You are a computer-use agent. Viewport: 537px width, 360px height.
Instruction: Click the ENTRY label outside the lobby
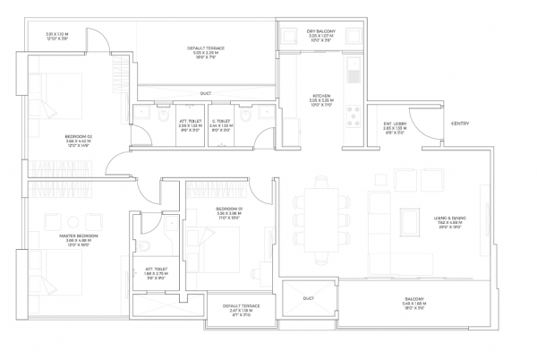[x=460, y=123]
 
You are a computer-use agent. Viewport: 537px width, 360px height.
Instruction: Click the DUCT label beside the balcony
[x=308, y=297]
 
